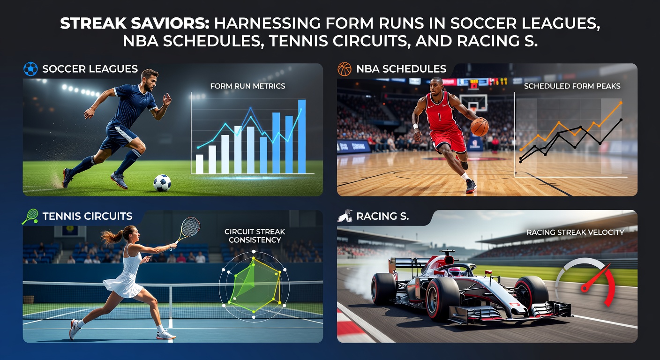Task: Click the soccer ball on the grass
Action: [x=162, y=183]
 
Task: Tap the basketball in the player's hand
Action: [x=479, y=127]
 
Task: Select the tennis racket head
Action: [x=190, y=227]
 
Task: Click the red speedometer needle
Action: [x=595, y=279]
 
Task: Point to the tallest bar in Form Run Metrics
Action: [x=302, y=136]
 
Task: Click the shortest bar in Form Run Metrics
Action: [x=199, y=164]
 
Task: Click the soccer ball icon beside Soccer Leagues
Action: [x=30, y=69]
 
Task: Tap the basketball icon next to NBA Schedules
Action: [x=345, y=69]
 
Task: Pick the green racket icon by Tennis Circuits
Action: [x=30, y=216]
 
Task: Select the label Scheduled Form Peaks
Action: [x=572, y=86]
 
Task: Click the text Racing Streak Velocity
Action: [x=575, y=232]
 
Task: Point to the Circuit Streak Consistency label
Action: [x=255, y=236]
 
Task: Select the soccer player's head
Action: [x=149, y=78]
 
